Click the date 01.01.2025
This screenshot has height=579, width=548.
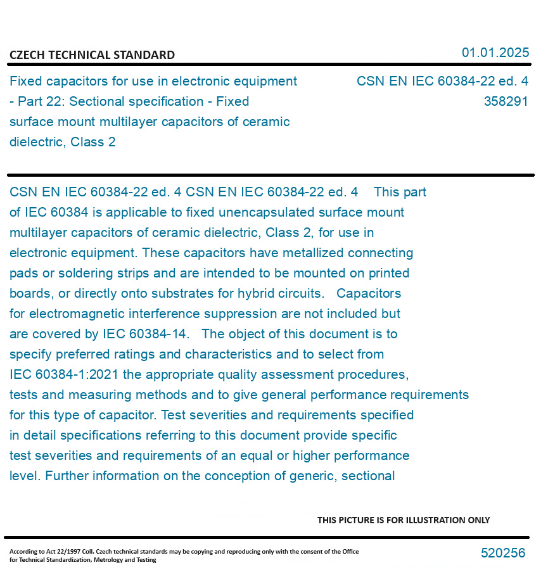(x=495, y=53)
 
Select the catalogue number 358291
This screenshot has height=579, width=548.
(x=506, y=101)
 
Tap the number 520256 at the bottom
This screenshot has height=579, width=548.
(x=503, y=553)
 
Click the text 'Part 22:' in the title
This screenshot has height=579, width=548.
(x=42, y=101)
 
